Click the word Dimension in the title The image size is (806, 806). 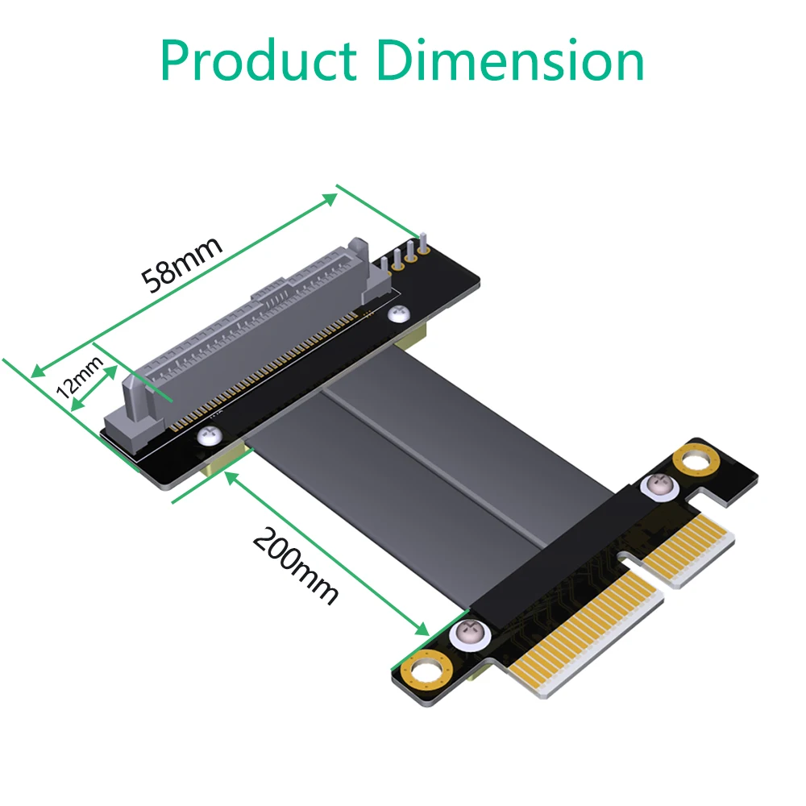[511, 60]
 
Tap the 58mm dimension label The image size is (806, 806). [181, 264]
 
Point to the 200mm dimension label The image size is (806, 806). [295, 564]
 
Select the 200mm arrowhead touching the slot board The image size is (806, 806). [231, 477]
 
